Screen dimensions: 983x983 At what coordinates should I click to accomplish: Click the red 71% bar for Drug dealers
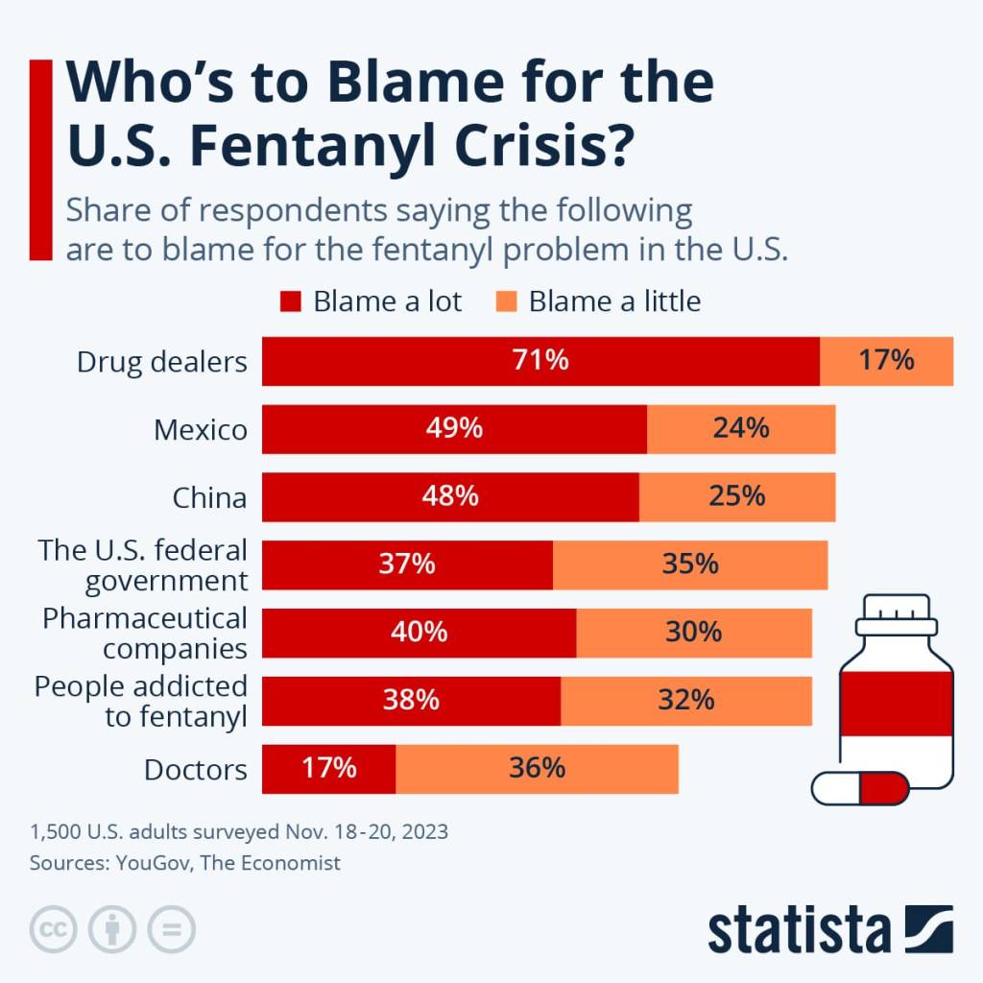click(x=540, y=361)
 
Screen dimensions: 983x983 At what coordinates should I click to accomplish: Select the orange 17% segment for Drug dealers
click(x=886, y=361)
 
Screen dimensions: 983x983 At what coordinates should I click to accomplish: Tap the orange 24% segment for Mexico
click(x=741, y=428)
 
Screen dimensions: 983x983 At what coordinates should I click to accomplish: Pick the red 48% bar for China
click(x=450, y=496)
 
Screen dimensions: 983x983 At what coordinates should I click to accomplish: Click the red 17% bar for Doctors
click(x=328, y=769)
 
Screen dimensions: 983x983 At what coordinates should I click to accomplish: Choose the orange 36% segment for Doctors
click(x=537, y=769)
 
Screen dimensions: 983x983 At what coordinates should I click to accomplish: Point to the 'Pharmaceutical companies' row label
click(x=145, y=633)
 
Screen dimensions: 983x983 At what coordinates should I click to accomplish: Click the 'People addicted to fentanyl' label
click(x=141, y=701)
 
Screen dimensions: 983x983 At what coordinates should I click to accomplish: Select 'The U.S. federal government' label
click(x=143, y=564)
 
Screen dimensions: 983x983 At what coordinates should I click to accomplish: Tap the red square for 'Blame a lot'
click(x=291, y=301)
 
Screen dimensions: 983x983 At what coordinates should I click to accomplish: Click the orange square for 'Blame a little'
click(x=508, y=301)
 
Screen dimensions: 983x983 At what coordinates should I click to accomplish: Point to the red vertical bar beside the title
click(x=40, y=159)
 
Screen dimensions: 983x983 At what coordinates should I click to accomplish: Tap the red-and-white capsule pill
click(x=859, y=788)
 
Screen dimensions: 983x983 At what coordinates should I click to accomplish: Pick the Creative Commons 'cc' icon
click(x=54, y=929)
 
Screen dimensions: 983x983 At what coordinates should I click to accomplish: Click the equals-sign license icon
click(x=171, y=929)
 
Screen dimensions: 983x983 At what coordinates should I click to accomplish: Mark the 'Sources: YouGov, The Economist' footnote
click(x=185, y=863)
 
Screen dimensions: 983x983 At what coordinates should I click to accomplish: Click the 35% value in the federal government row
click(x=690, y=564)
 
